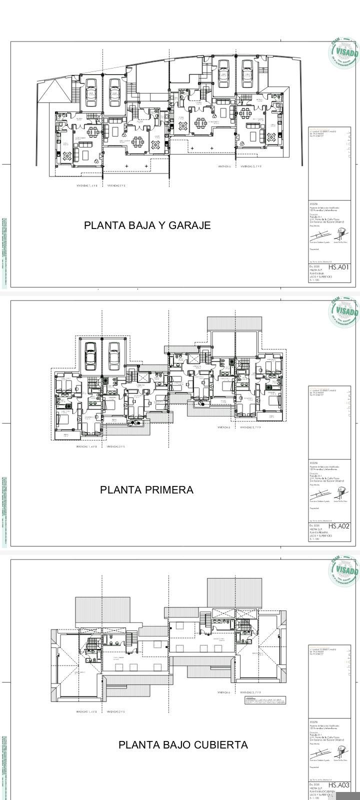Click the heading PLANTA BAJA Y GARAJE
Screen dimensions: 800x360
(147, 225)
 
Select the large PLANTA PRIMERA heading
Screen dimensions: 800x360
(146, 490)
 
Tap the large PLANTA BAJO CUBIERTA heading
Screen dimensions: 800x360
(183, 745)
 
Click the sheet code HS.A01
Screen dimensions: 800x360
(338, 267)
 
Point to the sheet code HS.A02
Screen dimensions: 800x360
(338, 526)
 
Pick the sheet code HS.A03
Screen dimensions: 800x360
(338, 785)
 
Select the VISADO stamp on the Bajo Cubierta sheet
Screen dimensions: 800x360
(344, 570)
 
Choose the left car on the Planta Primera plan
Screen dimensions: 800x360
(90, 356)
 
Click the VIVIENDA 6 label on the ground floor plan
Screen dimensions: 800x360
(223, 166)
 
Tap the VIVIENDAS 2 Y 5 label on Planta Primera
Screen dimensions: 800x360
(114, 446)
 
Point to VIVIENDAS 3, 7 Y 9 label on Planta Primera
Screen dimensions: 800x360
(250, 427)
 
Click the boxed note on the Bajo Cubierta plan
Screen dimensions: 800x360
(265, 700)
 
